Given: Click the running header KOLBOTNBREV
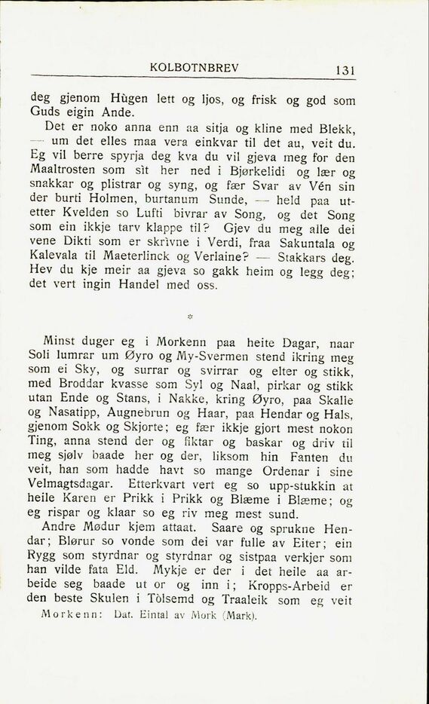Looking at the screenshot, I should tap(195, 66).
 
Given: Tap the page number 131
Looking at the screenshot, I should tap(345, 70).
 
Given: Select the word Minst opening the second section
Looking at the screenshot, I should tap(63, 341).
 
